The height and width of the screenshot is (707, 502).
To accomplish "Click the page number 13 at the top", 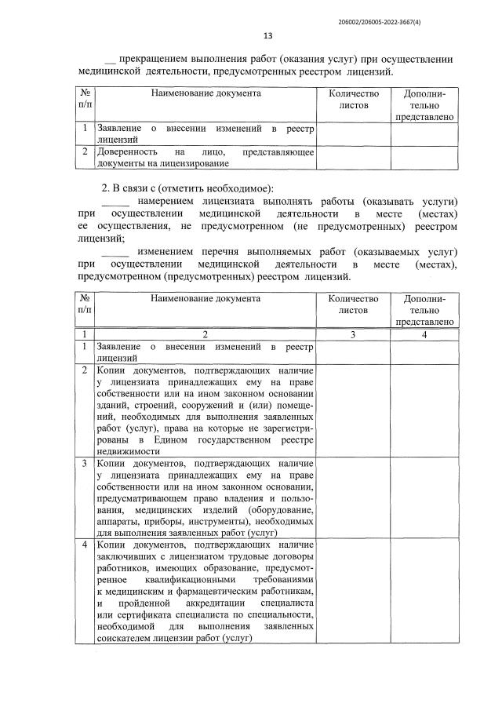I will (x=267, y=36).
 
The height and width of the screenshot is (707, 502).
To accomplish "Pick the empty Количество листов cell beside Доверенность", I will (x=353, y=158).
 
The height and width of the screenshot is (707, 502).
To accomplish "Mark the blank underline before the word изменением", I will (x=116, y=252).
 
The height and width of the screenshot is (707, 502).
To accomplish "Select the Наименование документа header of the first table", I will (x=206, y=93).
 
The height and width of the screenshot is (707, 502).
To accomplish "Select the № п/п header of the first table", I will (x=85, y=99).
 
